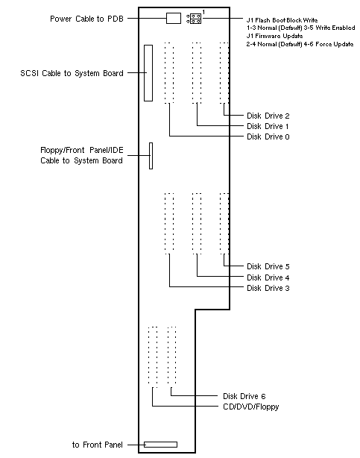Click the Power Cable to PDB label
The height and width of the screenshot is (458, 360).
86,19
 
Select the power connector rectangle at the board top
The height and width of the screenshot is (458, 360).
174,18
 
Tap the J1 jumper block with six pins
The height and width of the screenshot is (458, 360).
194,19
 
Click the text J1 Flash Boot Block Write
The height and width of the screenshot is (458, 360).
282,20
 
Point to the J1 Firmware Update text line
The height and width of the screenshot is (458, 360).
274,37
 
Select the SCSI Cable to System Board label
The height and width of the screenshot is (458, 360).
72,73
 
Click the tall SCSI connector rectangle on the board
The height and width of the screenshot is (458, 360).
148,73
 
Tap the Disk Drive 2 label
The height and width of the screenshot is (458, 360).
268,116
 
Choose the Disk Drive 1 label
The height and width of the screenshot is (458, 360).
268,126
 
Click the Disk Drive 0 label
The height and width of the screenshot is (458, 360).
268,137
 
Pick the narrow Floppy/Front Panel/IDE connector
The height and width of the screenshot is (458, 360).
151,156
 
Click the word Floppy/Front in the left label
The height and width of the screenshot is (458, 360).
63,151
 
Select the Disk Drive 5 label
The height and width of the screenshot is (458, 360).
268,266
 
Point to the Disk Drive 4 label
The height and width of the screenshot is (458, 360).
268,277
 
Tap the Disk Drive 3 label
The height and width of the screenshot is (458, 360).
268,288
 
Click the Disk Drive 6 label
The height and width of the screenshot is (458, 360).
244,396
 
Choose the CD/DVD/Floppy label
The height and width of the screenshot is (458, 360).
250,407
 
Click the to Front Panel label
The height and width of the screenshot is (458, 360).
98,445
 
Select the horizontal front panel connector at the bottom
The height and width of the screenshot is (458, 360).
160,445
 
